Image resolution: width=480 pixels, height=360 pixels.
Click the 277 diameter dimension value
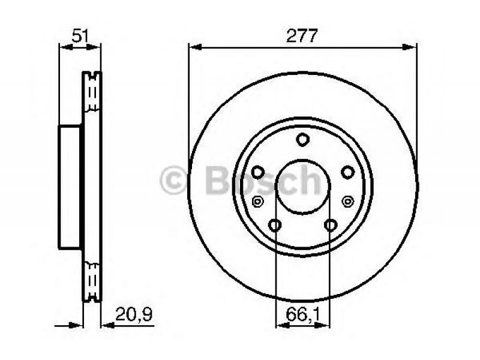302,36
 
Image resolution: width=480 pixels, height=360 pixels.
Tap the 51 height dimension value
80,36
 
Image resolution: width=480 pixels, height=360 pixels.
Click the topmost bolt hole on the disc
302,140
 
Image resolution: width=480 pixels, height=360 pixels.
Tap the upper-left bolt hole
258,172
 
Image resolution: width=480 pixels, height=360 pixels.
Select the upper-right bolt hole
348,172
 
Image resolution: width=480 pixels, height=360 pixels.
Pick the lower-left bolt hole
275,225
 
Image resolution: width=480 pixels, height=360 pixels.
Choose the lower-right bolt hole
331,225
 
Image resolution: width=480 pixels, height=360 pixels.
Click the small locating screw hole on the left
257,202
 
